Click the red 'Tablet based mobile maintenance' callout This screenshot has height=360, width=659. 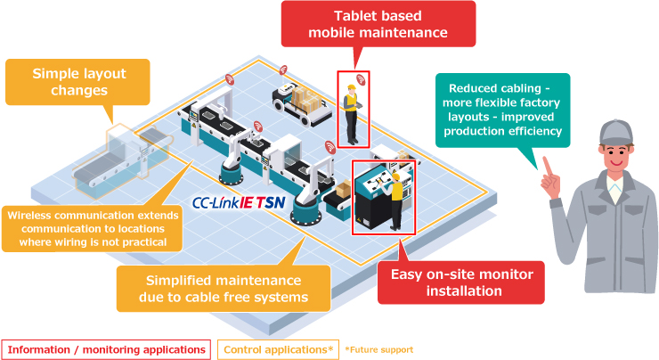point(378,24)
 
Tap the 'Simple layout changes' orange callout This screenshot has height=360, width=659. point(77,82)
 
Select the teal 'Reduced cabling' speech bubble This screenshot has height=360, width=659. point(502,110)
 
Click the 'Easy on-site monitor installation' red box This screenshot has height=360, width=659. point(461,282)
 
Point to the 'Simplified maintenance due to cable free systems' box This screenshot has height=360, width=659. point(224,289)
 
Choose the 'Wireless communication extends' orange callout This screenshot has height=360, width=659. point(93,229)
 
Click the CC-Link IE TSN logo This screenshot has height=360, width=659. point(239,203)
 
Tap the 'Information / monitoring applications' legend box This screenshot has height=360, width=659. point(106,349)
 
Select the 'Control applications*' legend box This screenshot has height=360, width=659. point(278,349)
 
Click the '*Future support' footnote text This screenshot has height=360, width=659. point(379,349)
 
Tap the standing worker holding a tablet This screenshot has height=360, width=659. point(351,114)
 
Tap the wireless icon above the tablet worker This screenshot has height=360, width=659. point(361,79)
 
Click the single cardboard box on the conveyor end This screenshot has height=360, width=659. point(344,189)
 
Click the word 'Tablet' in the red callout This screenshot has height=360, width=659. point(354,16)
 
